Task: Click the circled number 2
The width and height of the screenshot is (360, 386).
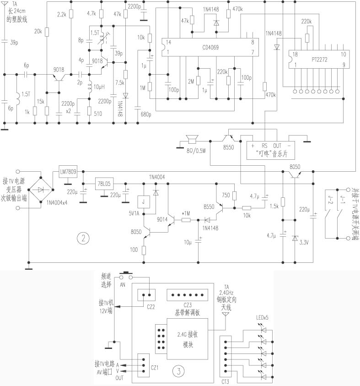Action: tap(82, 238)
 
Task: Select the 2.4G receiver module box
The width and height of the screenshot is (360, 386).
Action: tap(188, 340)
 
